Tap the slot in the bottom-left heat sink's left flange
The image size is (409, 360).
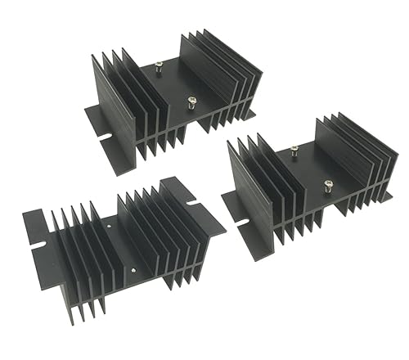[35, 243]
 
